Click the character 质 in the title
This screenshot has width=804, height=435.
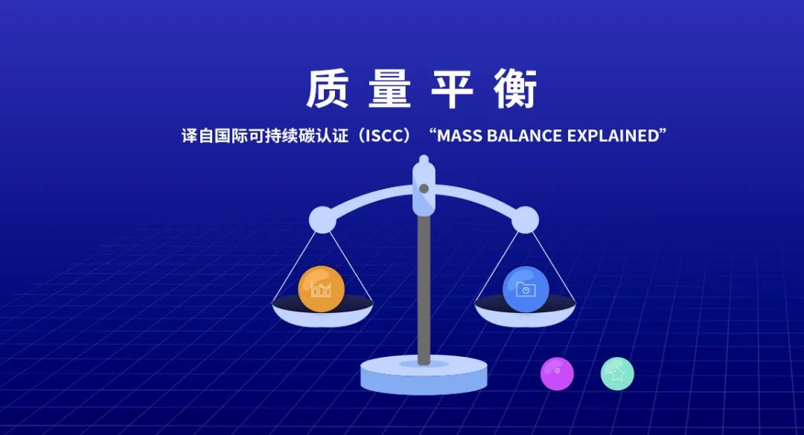click(328, 90)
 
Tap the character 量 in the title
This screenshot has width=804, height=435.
click(389, 90)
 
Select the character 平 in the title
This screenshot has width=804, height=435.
click(452, 90)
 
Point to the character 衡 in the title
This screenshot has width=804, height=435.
click(514, 90)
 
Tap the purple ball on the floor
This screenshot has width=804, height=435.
click(557, 373)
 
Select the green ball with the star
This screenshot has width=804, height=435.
click(617, 373)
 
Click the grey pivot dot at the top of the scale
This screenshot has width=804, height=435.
click(424, 189)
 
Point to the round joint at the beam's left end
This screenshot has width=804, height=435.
click(322, 219)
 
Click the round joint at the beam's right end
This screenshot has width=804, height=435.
click(525, 219)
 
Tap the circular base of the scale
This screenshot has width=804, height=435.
click(424, 376)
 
